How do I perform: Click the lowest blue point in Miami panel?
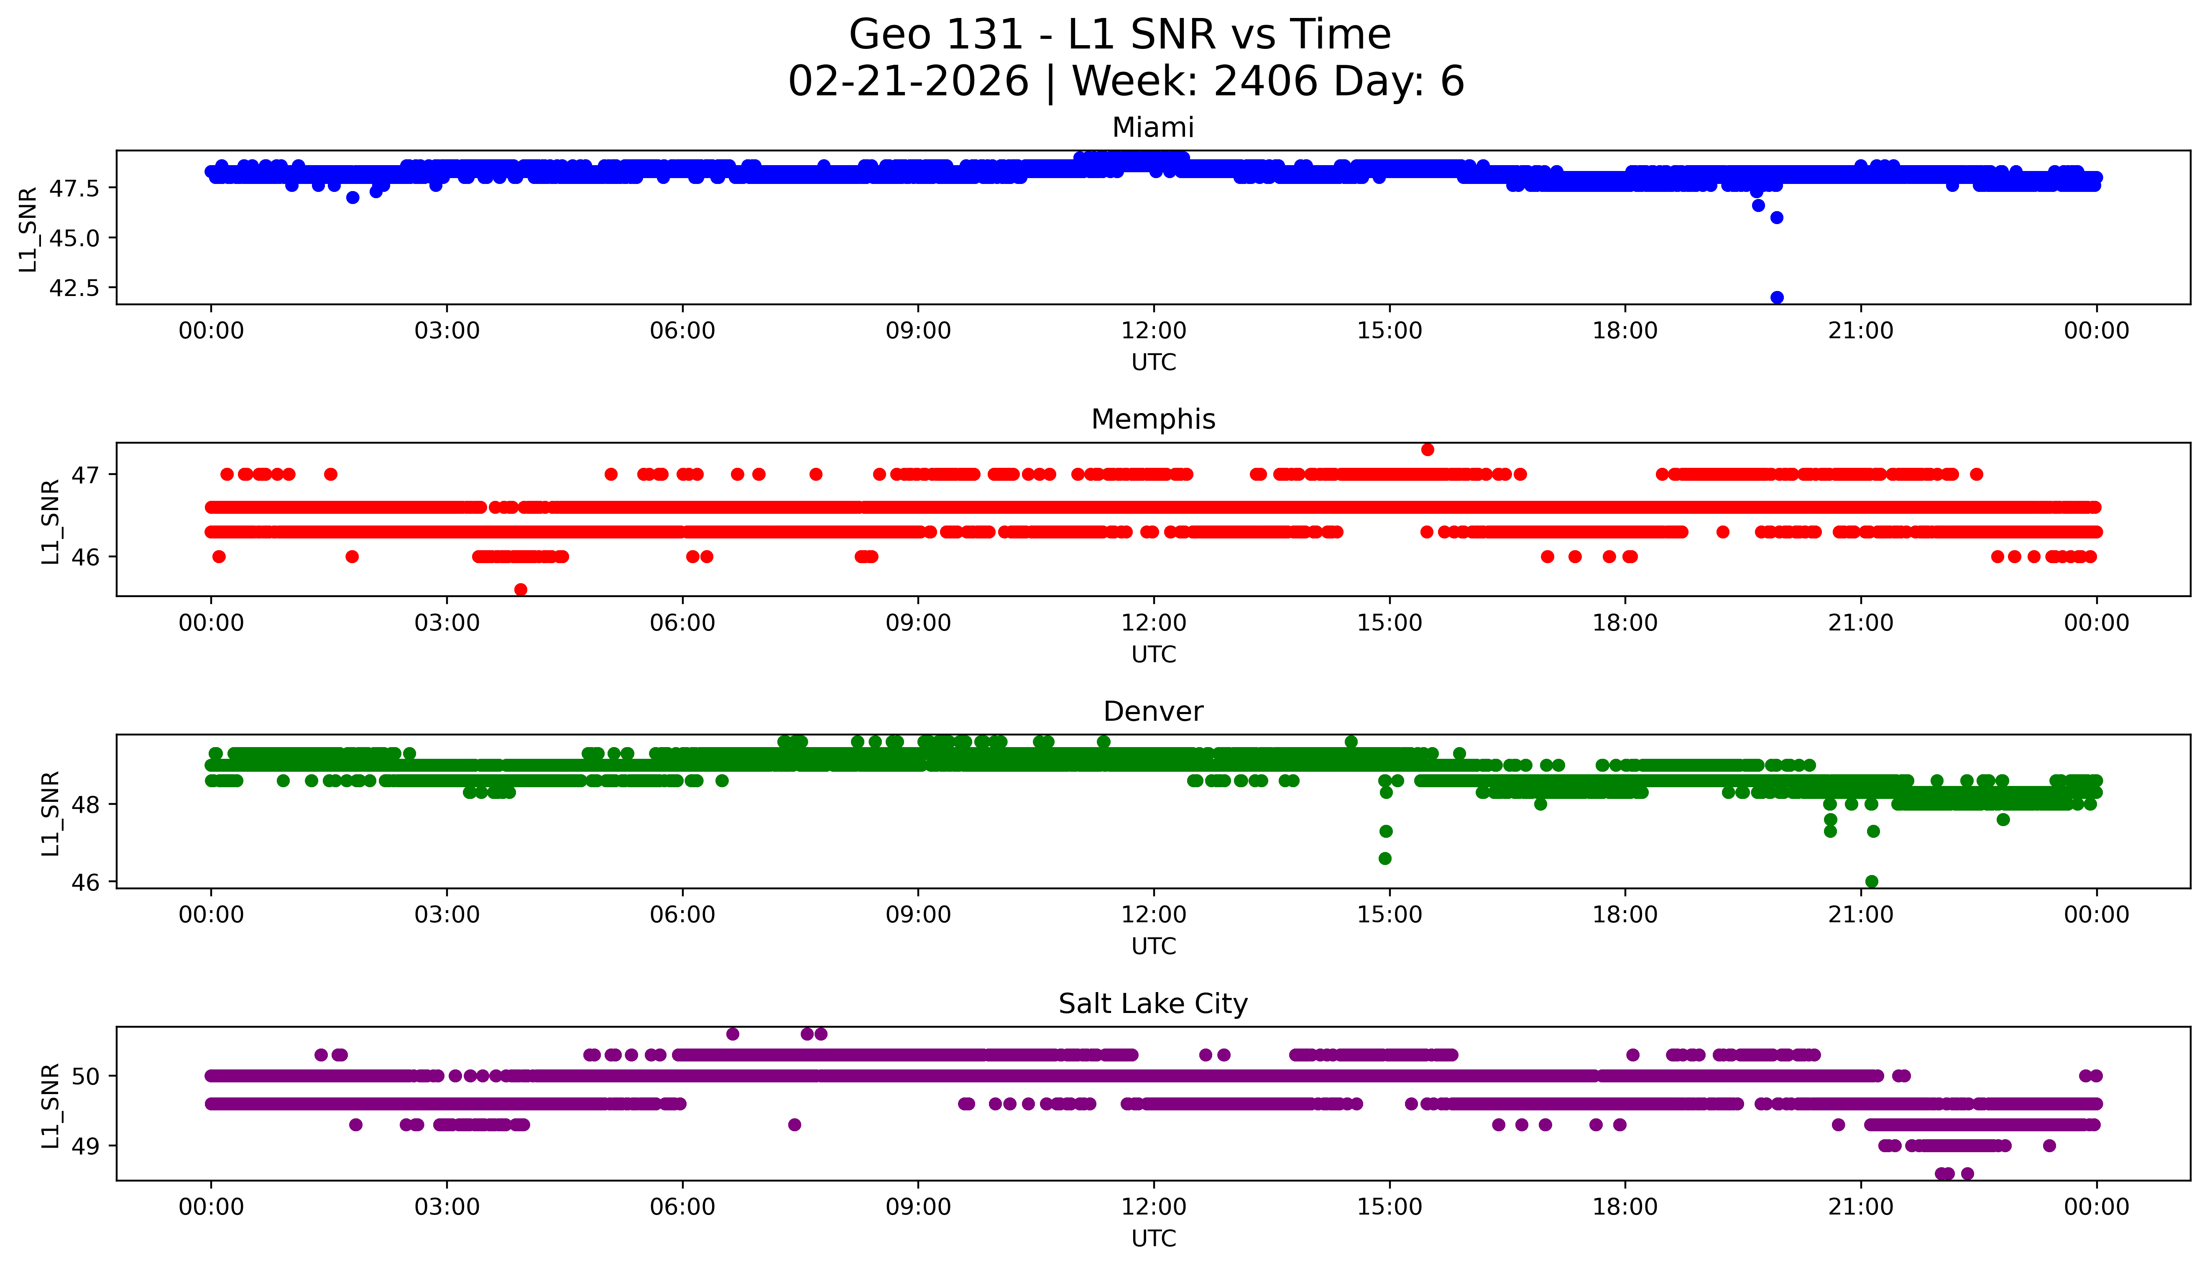click(1777, 297)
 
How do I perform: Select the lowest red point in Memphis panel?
click(521, 589)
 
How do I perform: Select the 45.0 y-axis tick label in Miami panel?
click(74, 238)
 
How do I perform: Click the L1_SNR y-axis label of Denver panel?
click(51, 813)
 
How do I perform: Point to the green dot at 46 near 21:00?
click(1871, 881)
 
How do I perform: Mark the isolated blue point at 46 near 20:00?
click(1777, 218)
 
